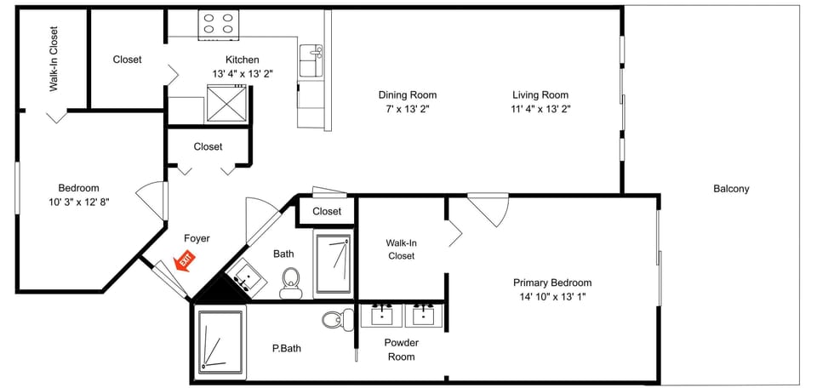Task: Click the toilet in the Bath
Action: point(291,281)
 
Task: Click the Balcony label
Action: point(730,189)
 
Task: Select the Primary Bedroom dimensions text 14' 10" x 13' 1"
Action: point(551,297)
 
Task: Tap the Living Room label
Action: point(540,95)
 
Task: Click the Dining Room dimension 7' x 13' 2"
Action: point(408,109)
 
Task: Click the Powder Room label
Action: point(401,350)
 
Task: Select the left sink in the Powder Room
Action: point(382,314)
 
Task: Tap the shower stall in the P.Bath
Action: point(220,342)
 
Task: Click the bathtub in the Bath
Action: point(333,264)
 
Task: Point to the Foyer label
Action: point(197,238)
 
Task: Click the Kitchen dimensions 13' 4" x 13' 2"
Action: point(242,74)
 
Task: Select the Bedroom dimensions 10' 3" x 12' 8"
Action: point(78,202)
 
